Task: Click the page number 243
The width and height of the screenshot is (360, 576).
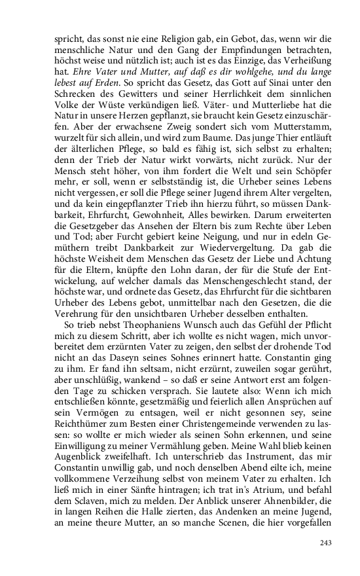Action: pos(327,543)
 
